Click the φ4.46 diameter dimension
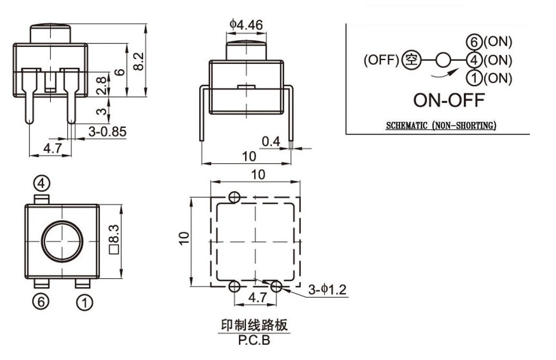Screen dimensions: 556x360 [246, 25]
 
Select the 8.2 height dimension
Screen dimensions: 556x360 [138, 61]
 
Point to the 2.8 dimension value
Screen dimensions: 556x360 [101, 86]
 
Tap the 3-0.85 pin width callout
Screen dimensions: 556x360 [107, 131]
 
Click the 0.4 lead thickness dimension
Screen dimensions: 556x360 [271, 141]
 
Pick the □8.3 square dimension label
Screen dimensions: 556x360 [114, 239]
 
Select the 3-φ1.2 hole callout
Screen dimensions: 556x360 [327, 289]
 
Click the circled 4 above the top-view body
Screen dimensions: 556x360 [42, 184]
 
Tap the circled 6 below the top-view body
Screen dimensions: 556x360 [41, 302]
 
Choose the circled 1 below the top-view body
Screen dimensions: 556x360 [85, 303]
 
